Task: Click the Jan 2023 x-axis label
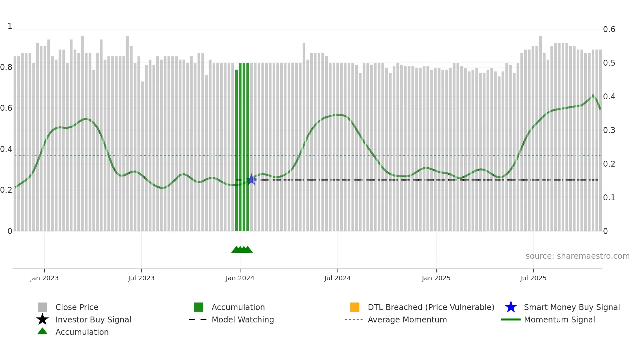(x=44, y=278)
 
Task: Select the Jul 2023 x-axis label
(x=141, y=278)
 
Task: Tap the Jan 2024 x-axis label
(x=240, y=278)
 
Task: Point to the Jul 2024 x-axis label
(x=337, y=278)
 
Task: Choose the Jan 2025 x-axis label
(x=436, y=278)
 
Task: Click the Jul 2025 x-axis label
(x=533, y=278)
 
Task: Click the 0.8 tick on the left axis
(x=6, y=67)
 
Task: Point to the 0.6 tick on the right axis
(x=609, y=29)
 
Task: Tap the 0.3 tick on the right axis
(x=609, y=130)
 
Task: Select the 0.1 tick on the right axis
(x=609, y=198)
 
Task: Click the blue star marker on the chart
(x=251, y=179)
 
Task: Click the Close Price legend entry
(x=77, y=307)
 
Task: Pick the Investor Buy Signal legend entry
(x=93, y=319)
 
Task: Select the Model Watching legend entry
(x=243, y=319)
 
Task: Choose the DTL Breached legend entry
(x=431, y=307)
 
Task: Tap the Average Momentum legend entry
(x=407, y=319)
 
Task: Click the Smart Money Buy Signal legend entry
(x=572, y=307)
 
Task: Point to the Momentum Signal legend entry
(x=559, y=319)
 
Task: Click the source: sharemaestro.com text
(x=577, y=256)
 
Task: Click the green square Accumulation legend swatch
(x=199, y=307)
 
